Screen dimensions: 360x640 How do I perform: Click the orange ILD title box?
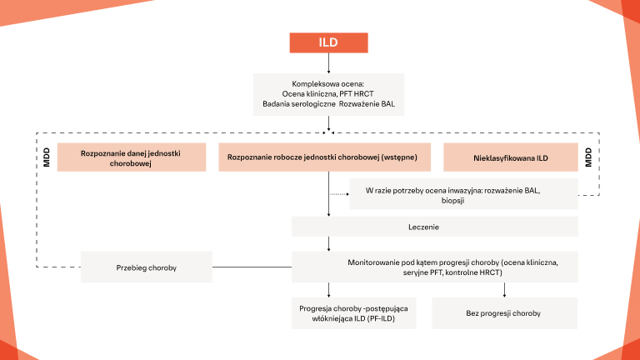pyautogui.click(x=328, y=42)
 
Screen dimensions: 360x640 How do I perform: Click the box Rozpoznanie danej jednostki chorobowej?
pyautogui.click(x=119, y=158)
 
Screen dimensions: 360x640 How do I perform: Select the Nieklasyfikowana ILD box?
pyautogui.click(x=510, y=157)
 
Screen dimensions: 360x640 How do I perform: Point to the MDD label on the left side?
pyautogui.click(x=47, y=157)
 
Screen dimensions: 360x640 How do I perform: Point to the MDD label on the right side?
pyautogui.click(x=588, y=157)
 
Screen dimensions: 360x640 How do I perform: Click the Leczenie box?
pyautogui.click(x=434, y=226)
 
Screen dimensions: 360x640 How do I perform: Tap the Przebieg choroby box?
pyautogui.click(x=146, y=267)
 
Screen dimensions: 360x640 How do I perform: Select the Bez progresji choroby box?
pyautogui.click(x=503, y=313)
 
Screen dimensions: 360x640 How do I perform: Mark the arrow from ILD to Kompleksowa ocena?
pyautogui.click(x=329, y=63)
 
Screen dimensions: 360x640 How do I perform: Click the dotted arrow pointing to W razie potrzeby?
pyautogui.click(x=338, y=194)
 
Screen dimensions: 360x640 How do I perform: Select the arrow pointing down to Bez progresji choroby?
pyautogui.click(x=504, y=289)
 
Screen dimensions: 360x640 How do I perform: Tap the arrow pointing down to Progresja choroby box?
pyautogui.click(x=329, y=289)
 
